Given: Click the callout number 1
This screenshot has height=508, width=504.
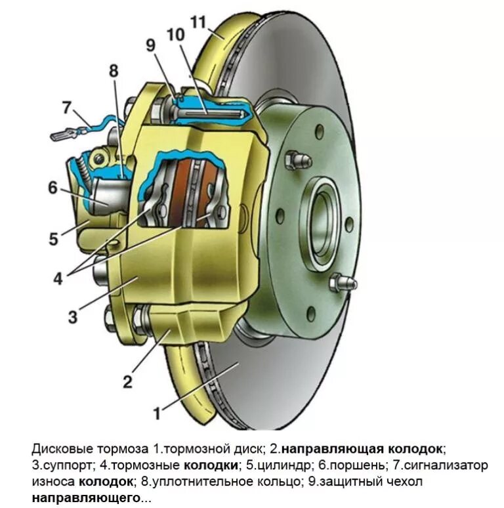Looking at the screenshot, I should [157, 413].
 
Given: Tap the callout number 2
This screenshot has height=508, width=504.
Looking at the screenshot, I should [128, 380].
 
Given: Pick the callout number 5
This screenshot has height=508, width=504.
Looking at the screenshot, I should [54, 238].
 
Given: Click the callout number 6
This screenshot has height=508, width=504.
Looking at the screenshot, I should [52, 188].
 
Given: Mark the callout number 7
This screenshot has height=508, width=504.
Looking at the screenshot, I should [66, 106].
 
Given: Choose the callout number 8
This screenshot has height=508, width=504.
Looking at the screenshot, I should [114, 71].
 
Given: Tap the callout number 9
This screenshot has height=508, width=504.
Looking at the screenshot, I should [151, 45].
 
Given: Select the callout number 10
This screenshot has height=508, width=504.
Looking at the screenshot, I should [175, 34].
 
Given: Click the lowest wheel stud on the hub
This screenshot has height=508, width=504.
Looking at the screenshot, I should [344, 282].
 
